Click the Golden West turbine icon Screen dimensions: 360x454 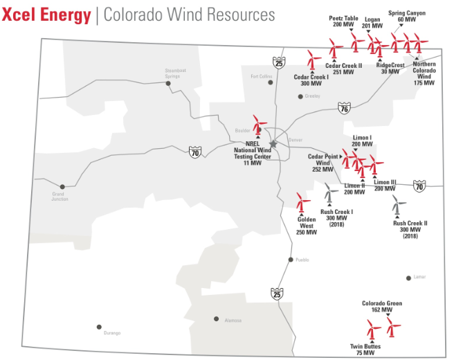coord(301,202)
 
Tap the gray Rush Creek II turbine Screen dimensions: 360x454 coord(397,206)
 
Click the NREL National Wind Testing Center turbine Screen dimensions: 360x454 coord(260,125)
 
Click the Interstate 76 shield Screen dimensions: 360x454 coord(344,109)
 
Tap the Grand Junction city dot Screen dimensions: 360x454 coord(62,186)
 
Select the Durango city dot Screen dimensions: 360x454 coord(99,327)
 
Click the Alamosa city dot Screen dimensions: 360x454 coord(217,319)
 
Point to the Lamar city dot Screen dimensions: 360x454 coord(408,278)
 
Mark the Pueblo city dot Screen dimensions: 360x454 coord(291,260)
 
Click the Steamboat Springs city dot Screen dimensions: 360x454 coord(168,84)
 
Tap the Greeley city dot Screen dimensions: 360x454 coord(300,96)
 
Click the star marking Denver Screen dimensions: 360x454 coord(273,144)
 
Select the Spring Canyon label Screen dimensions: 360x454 coord(407,16)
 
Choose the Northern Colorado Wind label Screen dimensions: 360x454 coord(424,73)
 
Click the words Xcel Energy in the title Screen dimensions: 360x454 coord(46,15)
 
